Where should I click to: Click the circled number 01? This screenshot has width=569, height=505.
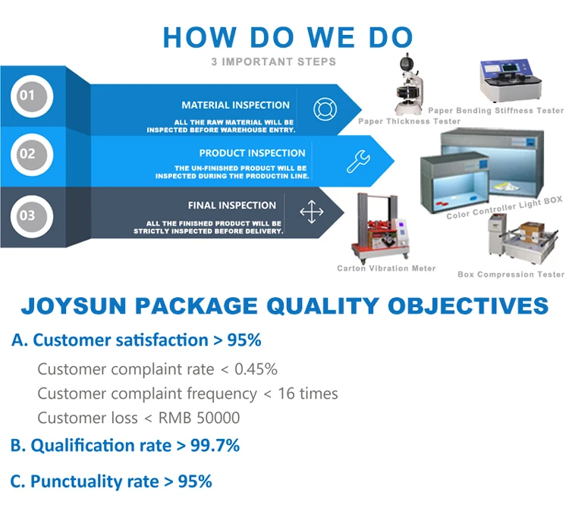click(x=32, y=96)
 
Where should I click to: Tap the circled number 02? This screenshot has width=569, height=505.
click(x=32, y=155)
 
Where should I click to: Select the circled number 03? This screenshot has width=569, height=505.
click(x=32, y=216)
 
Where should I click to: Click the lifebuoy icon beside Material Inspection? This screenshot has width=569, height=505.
click(x=325, y=109)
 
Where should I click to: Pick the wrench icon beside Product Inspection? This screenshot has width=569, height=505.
click(x=358, y=162)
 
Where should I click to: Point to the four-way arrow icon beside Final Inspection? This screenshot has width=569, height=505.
click(x=311, y=212)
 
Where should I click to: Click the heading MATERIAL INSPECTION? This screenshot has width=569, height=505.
click(x=235, y=105)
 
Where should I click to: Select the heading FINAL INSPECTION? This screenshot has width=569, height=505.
click(x=232, y=205)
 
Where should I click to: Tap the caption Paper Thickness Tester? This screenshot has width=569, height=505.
click(x=410, y=121)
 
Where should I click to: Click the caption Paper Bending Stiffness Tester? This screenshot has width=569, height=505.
click(x=495, y=110)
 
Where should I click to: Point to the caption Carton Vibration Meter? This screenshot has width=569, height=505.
click(x=386, y=268)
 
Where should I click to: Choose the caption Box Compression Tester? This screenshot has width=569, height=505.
click(x=511, y=274)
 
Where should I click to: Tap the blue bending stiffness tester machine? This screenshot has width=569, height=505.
click(x=511, y=81)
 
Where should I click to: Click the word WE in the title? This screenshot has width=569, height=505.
click(x=331, y=37)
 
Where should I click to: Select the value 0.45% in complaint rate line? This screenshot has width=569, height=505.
click(x=256, y=369)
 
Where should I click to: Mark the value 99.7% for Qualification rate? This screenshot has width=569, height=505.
click(x=215, y=446)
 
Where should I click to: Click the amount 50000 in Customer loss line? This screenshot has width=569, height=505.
click(x=218, y=418)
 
